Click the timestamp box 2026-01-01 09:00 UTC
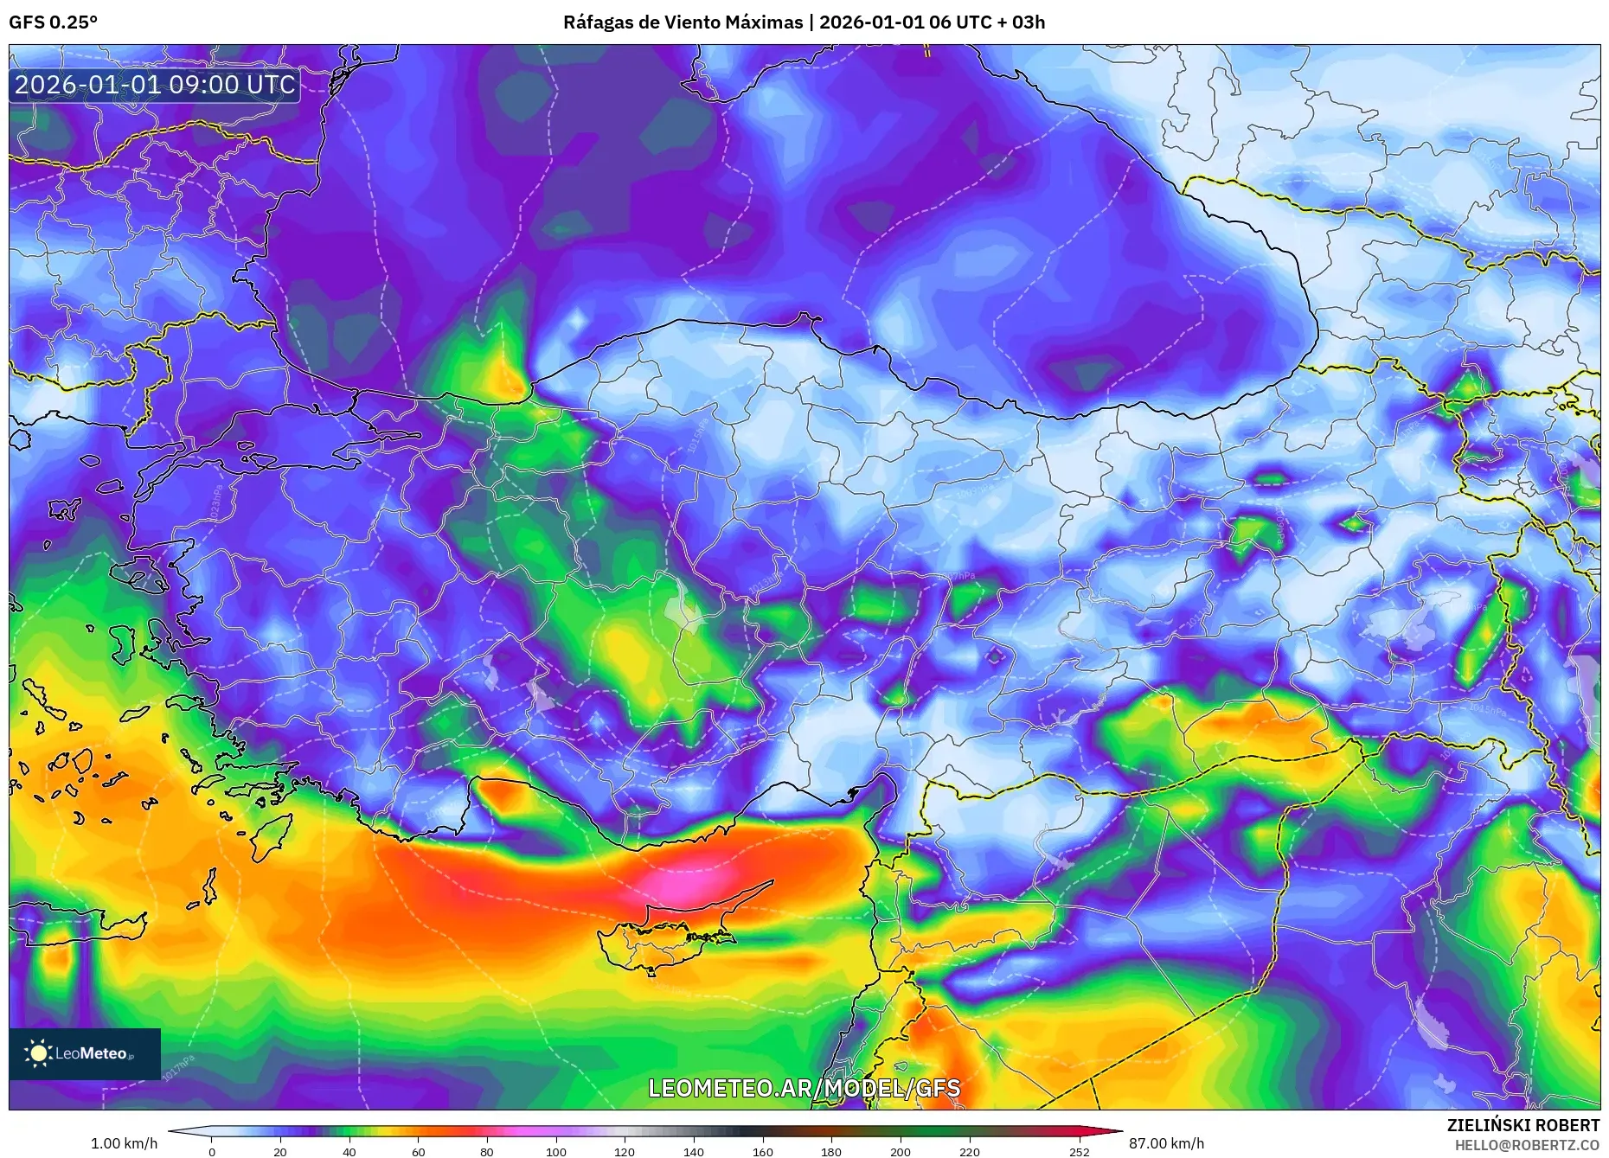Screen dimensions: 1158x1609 [x=155, y=85]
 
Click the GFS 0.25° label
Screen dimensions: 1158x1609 [x=53, y=22]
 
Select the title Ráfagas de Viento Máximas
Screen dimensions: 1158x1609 [x=683, y=22]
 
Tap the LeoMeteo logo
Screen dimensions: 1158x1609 [x=84, y=1053]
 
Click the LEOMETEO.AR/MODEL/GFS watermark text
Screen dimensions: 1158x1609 [x=804, y=1088]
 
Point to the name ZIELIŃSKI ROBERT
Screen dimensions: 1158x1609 [x=1522, y=1125]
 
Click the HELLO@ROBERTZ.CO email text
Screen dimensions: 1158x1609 [x=1526, y=1145]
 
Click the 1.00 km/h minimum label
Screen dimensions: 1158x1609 [x=124, y=1143]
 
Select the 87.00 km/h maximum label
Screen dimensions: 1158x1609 [x=1166, y=1143]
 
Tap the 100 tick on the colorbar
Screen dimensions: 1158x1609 [x=556, y=1151]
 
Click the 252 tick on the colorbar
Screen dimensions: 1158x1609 [x=1079, y=1151]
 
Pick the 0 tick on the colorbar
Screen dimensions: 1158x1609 [x=212, y=1151]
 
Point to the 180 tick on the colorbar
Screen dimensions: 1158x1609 [x=831, y=1151]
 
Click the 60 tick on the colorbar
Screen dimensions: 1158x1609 [x=419, y=1151]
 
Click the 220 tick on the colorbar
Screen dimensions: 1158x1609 [x=970, y=1151]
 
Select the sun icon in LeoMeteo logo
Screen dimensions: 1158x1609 [x=38, y=1053]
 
